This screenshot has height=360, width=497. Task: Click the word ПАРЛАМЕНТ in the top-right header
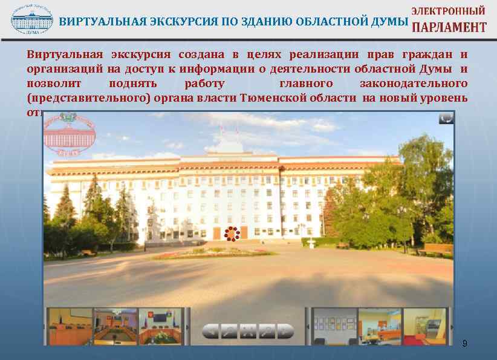point(449,27)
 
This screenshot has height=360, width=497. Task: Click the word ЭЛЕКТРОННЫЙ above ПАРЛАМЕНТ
point(449,10)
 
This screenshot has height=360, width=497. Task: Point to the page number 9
point(464,344)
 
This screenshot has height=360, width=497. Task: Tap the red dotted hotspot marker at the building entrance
point(232,234)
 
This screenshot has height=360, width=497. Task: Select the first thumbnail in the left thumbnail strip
point(70,327)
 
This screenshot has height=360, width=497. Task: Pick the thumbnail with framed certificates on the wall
point(334,327)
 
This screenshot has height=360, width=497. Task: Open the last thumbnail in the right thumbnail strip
point(425,327)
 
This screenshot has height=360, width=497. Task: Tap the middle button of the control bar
point(248,331)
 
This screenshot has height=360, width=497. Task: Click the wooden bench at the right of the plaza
point(434,249)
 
